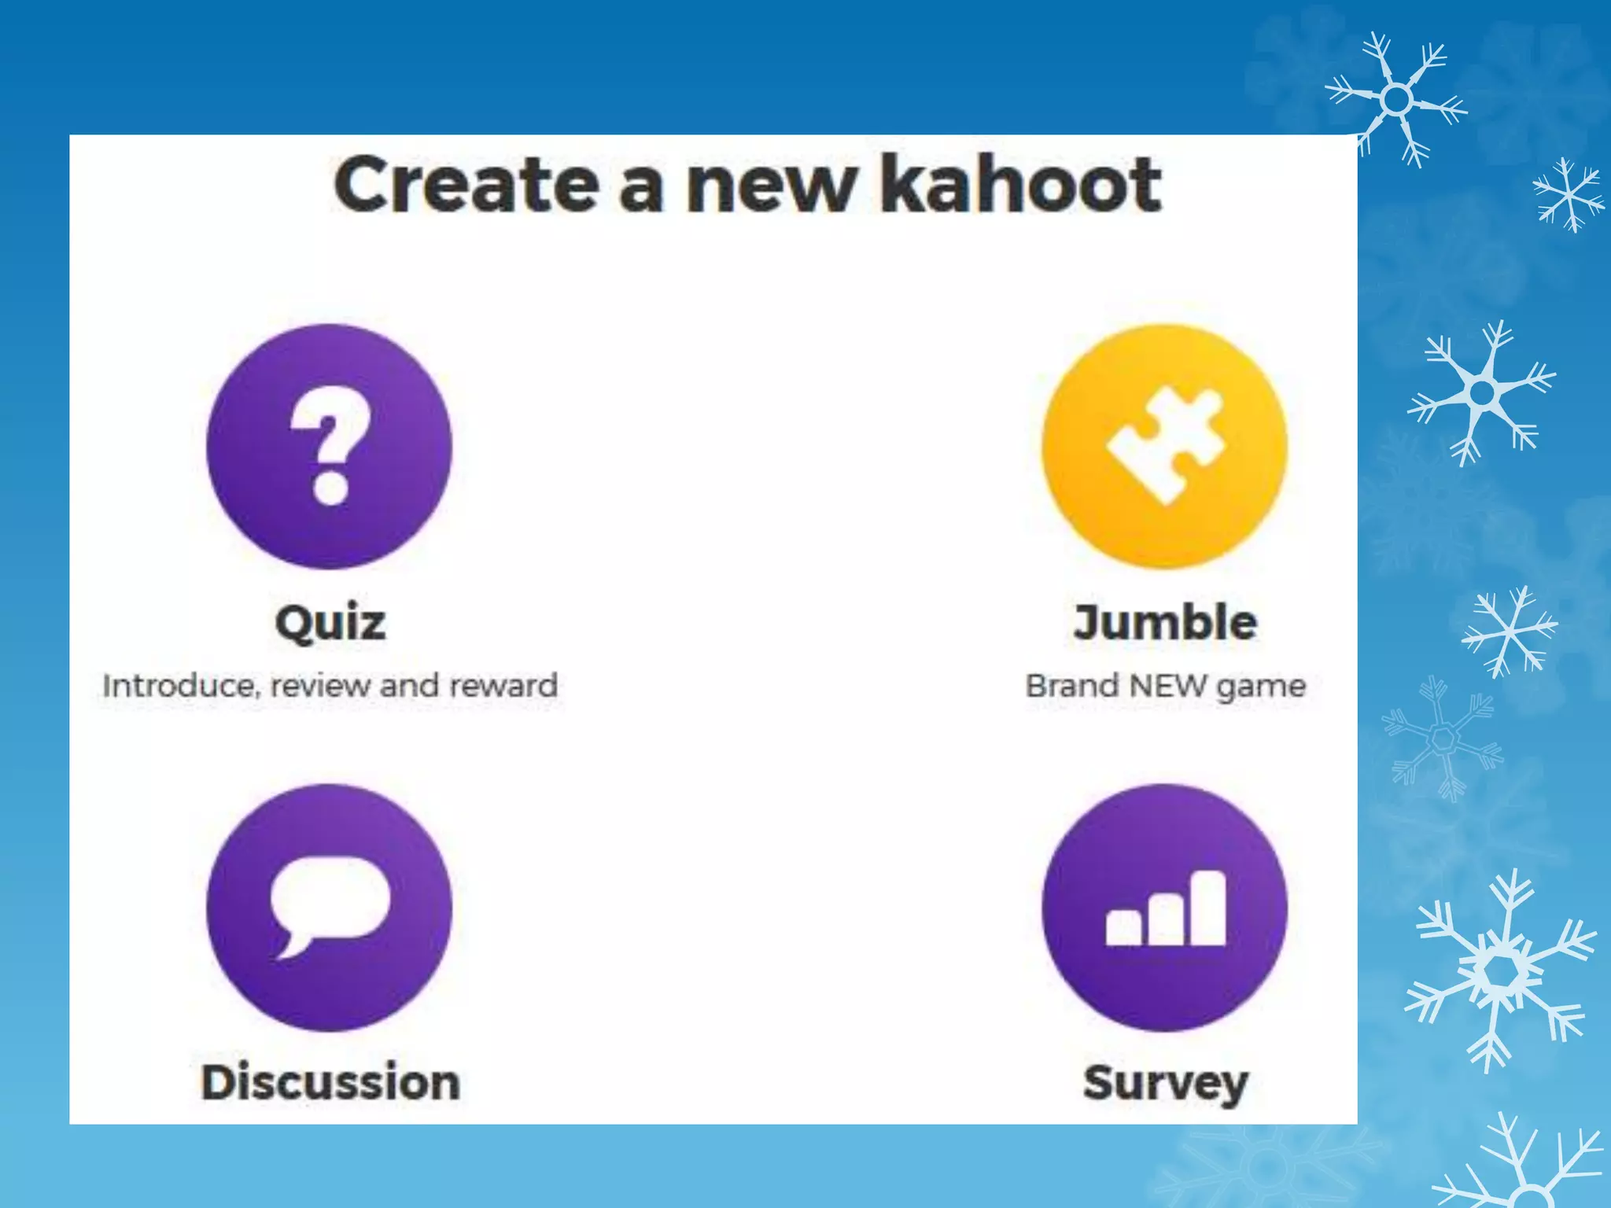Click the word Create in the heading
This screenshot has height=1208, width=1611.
465,186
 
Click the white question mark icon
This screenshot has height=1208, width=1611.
330,445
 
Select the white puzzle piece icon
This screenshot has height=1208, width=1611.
1165,444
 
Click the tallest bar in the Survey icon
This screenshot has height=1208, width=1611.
1207,908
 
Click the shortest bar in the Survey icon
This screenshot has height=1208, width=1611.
1123,928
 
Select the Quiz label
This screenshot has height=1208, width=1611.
330,622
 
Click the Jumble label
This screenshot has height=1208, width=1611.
1165,622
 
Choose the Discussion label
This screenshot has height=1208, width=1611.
330,1082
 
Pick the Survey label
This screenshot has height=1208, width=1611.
1165,1084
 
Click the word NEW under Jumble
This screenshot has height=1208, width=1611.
1167,686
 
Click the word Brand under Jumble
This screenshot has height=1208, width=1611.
1072,686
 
